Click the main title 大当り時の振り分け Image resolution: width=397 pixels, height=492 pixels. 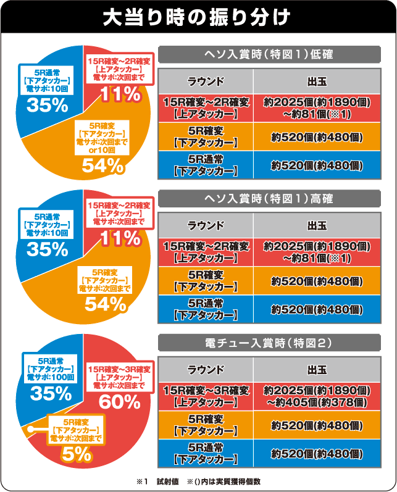198,17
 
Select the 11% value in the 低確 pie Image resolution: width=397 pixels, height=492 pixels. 120,94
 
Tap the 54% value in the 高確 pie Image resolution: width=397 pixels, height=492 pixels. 106,303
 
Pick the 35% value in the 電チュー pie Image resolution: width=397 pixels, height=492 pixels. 47,392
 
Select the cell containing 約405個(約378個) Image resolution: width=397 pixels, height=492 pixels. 316,402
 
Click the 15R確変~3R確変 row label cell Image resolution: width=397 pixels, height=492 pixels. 206,396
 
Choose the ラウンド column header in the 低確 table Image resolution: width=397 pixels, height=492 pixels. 206,81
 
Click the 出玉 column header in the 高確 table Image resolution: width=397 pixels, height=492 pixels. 316,226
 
